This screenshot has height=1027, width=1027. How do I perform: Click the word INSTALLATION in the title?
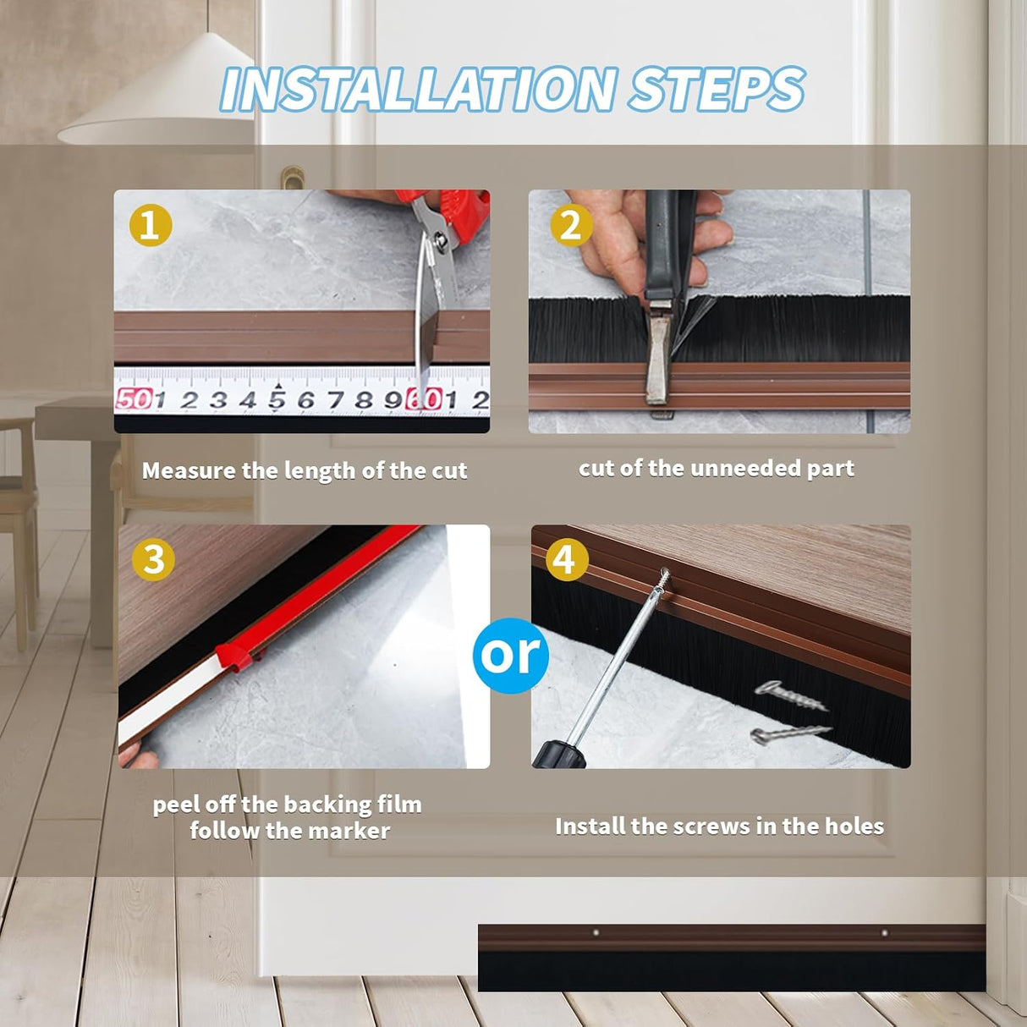point(419,89)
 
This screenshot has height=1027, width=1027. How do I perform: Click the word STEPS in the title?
point(717,89)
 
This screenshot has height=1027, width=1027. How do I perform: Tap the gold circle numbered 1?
point(151,225)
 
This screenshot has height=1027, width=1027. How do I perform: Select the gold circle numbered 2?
point(571,225)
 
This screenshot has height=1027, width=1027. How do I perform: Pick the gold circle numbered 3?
point(153,559)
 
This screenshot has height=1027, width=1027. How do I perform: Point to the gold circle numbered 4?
point(567,559)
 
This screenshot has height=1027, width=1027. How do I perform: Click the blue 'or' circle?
point(511,656)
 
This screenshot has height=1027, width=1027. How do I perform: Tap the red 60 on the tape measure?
point(424,399)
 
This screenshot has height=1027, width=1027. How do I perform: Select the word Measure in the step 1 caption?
point(189,470)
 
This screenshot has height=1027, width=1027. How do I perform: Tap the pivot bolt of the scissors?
point(441,241)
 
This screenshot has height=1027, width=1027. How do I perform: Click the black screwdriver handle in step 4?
point(559,754)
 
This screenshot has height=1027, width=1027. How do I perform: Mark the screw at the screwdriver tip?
point(662,579)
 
